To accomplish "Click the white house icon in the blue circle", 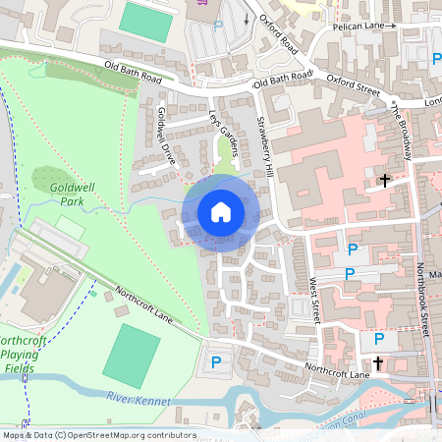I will [221, 212].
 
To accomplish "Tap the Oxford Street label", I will [352, 80].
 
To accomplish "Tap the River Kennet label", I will [138, 400].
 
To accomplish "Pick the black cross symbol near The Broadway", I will [385, 181].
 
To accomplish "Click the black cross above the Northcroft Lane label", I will [378, 362].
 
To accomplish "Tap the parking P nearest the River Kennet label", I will [216, 363].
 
